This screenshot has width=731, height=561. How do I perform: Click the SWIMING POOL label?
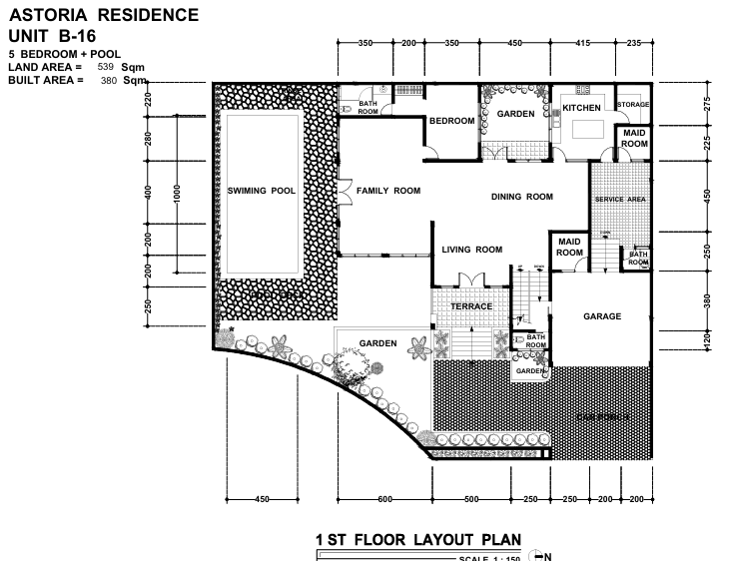(x=261, y=190)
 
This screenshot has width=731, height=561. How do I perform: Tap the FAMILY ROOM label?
(x=388, y=190)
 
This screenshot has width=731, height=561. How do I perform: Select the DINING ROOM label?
(x=521, y=197)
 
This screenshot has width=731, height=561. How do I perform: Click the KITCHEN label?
(x=581, y=108)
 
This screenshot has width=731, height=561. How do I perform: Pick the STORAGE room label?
(x=633, y=104)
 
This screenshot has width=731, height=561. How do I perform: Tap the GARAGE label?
(x=602, y=316)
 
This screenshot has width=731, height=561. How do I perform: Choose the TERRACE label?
(x=471, y=306)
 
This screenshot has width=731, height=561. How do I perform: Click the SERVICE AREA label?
(x=620, y=200)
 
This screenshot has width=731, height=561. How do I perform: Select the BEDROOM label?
(x=451, y=121)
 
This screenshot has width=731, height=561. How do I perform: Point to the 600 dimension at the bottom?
(x=384, y=498)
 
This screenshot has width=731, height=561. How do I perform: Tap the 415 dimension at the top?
(x=583, y=43)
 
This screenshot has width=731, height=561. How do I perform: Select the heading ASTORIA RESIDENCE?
(x=103, y=15)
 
